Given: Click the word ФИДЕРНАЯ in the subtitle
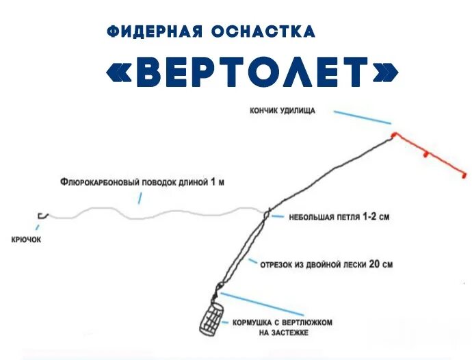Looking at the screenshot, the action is pyautogui.click(x=155, y=31).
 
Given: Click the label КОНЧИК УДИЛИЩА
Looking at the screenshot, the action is pyautogui.click(x=283, y=111).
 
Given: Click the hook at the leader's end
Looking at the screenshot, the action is pyautogui.click(x=40, y=216).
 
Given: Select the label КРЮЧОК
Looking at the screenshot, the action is pyautogui.click(x=27, y=240).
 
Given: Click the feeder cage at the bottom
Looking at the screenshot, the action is pyautogui.click(x=211, y=318).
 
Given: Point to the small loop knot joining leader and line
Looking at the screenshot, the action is pyautogui.click(x=267, y=213).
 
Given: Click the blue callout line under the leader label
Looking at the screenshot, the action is pyautogui.click(x=140, y=197).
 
